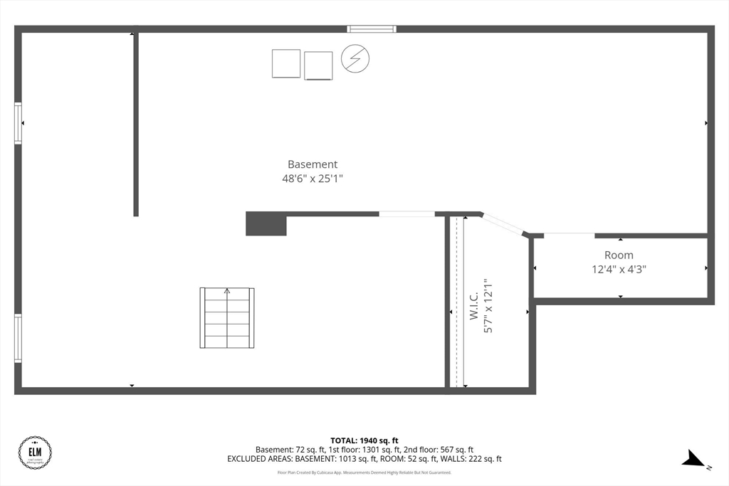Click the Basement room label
[313, 164]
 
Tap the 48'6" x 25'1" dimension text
[313, 179]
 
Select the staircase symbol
[227, 318]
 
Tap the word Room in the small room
[619, 255]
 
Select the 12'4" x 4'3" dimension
[619, 270]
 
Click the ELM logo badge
[35, 452]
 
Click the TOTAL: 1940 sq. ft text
[364, 440]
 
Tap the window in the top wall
[371, 29]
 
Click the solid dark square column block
[266, 224]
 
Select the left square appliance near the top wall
[286, 63]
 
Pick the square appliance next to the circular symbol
[318, 65]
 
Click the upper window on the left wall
[19, 123]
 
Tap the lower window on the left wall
[19, 338]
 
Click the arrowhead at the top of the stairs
[227, 290]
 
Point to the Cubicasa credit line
[364, 472]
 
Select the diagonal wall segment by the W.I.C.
[504, 224]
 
